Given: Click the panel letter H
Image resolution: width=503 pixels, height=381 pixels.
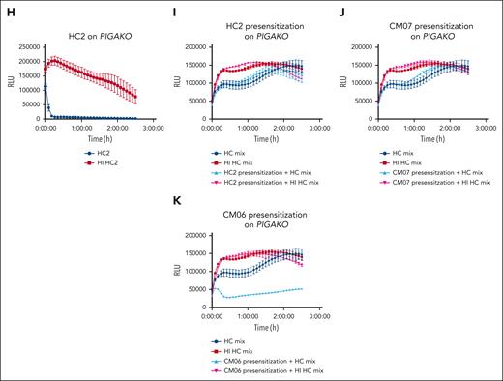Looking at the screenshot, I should tap(6, 6).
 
